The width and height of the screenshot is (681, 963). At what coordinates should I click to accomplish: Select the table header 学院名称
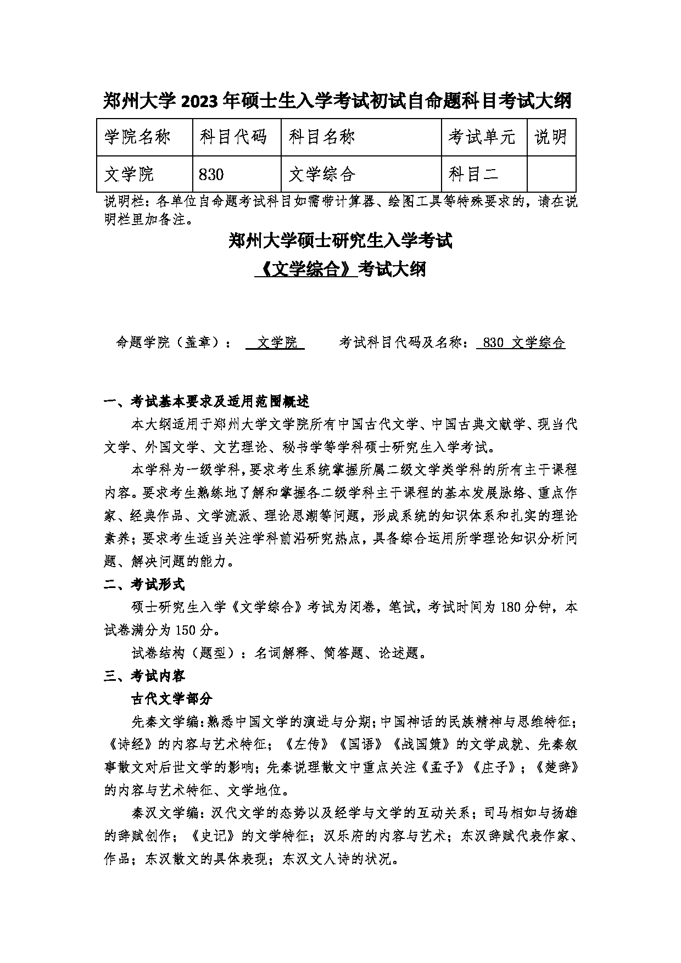pos(137,137)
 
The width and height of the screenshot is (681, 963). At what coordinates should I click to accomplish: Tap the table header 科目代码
pos(233,137)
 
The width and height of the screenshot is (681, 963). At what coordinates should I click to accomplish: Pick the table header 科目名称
pos(322,137)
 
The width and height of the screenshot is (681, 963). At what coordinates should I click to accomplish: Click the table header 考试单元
pos(482,137)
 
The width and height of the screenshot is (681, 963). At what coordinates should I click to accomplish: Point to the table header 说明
pos(550,137)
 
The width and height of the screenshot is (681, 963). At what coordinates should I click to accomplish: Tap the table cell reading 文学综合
pos(322,175)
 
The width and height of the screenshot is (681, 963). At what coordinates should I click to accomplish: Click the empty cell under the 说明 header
pos(551,175)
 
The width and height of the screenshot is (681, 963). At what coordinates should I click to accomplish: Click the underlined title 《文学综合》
pos(306,270)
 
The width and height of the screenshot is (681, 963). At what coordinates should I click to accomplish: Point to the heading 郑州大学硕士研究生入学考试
pos(340,241)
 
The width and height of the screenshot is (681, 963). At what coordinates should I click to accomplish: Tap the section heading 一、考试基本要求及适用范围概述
pos(207,401)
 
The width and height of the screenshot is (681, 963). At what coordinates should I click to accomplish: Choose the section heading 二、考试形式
pos(144,584)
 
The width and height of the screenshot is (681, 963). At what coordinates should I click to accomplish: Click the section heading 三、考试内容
pos(144,675)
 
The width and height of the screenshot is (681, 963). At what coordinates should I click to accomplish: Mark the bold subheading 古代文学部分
pos(171,698)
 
